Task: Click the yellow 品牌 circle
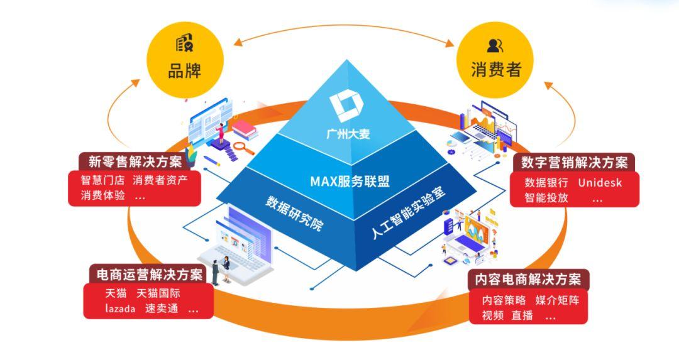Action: [184, 60]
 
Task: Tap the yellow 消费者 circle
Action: [496, 60]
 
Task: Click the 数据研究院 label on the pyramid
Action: [294, 213]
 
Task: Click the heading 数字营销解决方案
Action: [574, 162]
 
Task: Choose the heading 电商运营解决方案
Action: [149, 275]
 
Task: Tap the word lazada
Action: [120, 308]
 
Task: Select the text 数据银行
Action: [546, 183]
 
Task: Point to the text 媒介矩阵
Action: [557, 300]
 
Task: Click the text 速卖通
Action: [162, 308]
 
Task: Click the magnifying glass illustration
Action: [241, 149]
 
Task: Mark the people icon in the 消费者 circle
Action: [495, 45]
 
